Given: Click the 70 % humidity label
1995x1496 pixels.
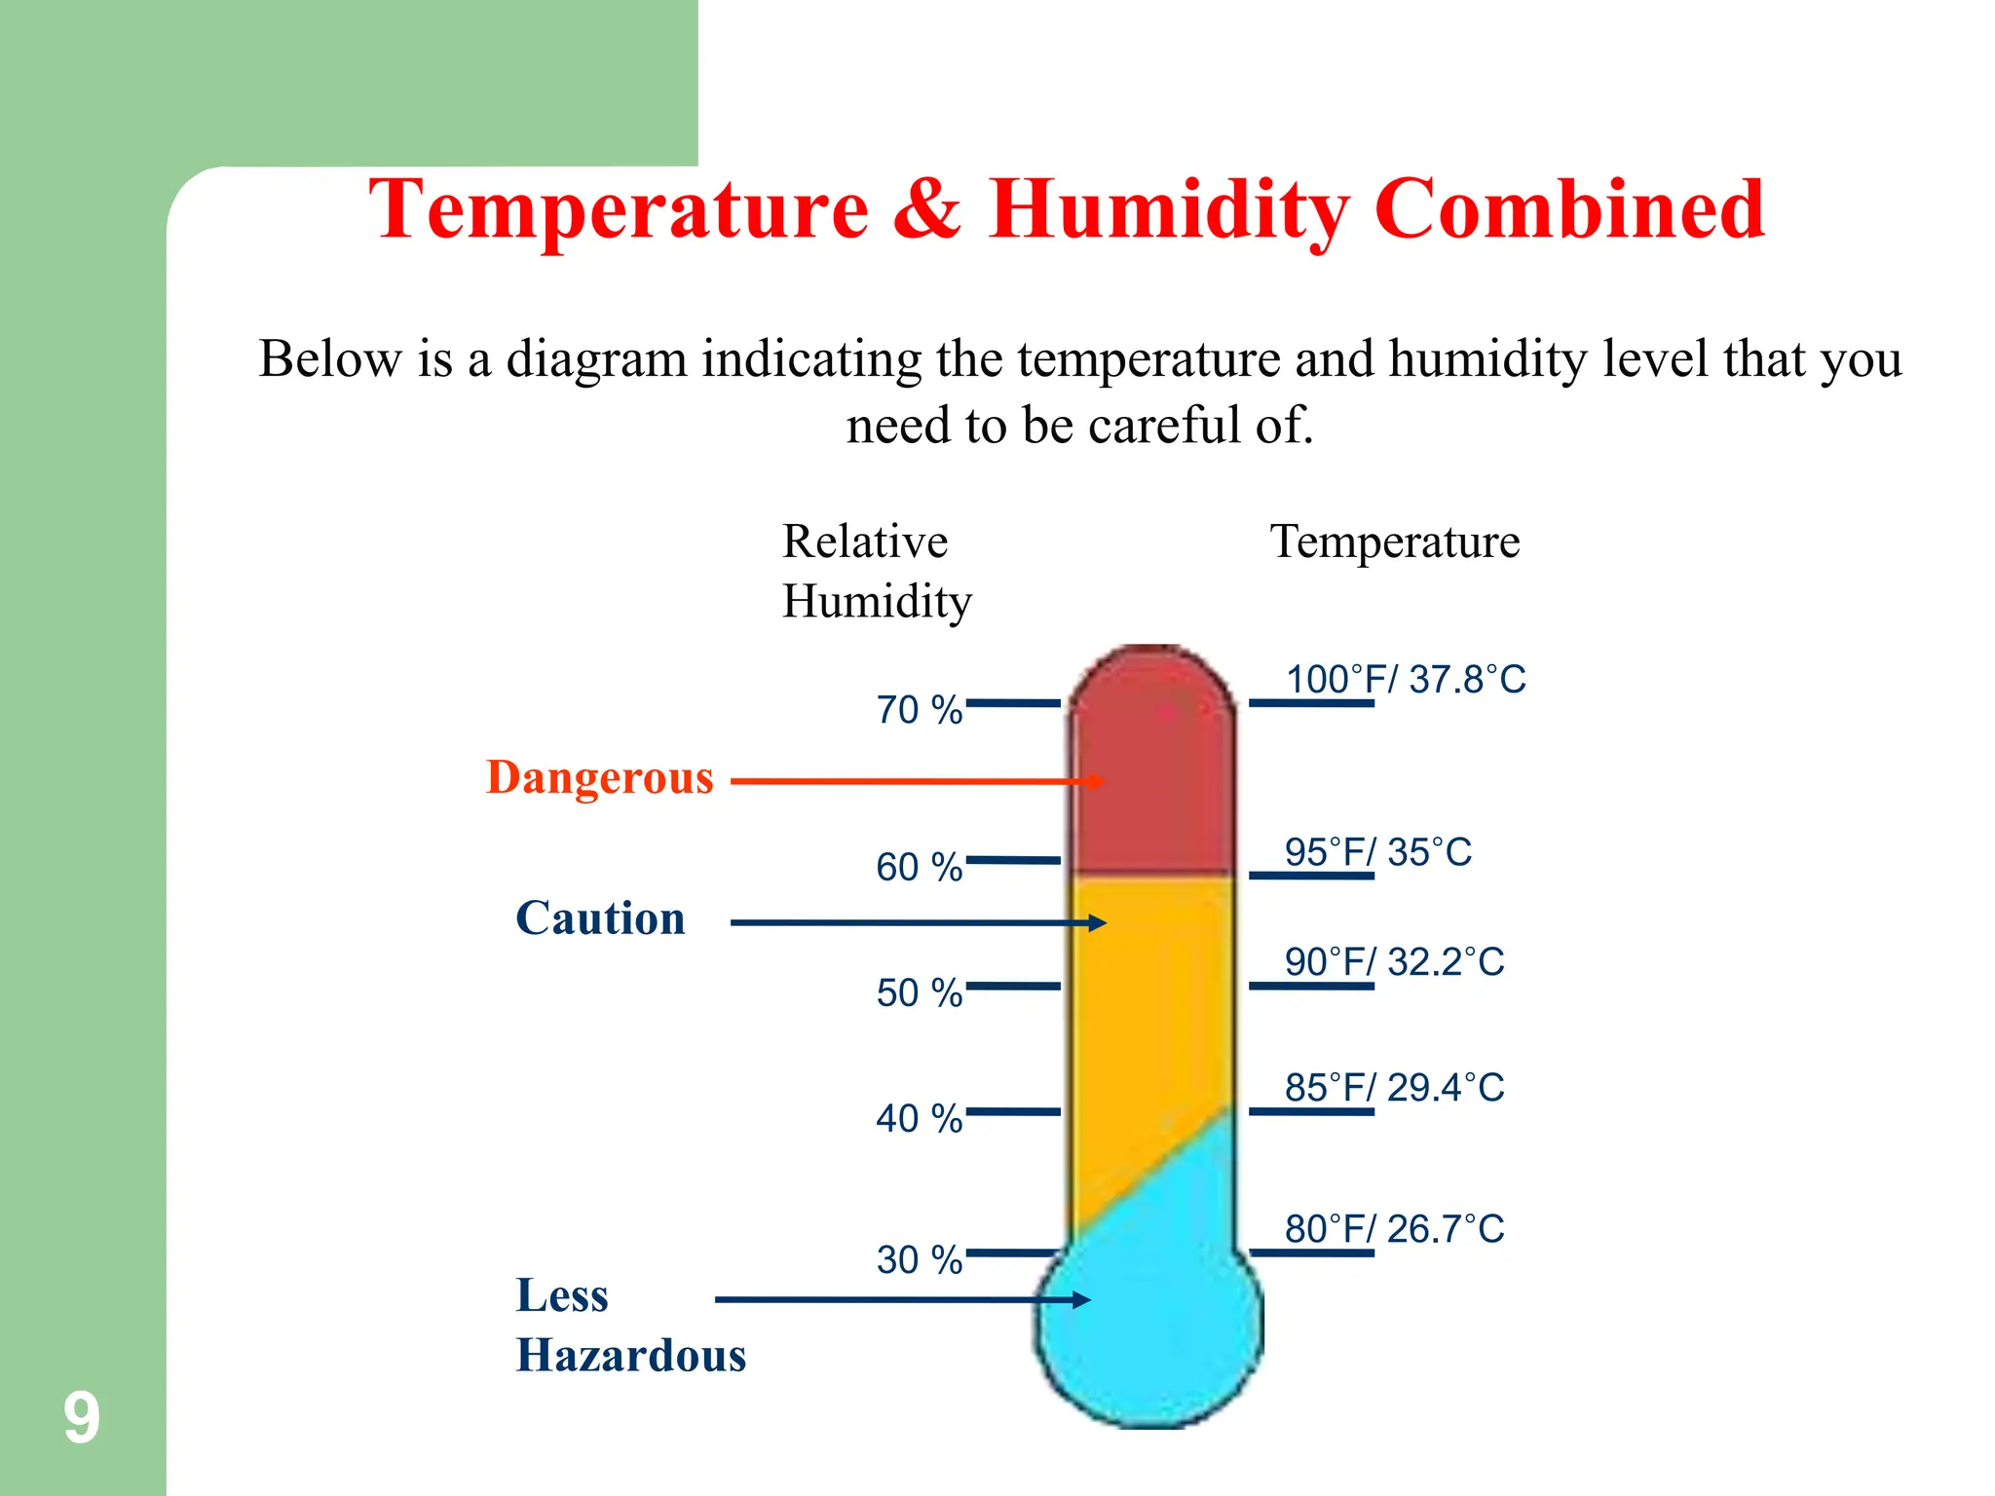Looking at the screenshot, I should [x=919, y=710].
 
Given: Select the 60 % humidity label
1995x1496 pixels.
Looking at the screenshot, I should [x=919, y=867].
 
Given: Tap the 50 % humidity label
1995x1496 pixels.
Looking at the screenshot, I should [x=919, y=992].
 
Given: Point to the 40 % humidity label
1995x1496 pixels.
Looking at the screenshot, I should [x=919, y=1118].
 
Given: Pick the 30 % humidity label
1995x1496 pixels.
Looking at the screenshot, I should [x=919, y=1259].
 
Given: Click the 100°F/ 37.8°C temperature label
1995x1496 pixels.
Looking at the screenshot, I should [x=1405, y=679].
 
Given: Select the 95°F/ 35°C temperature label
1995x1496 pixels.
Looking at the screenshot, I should [x=1377, y=852].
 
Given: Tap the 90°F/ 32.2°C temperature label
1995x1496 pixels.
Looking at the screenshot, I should [x=1394, y=962].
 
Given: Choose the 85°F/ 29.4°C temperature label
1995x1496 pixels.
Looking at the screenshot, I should [x=1394, y=1088].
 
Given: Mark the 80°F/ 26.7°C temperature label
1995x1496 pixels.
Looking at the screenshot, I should [x=1394, y=1229].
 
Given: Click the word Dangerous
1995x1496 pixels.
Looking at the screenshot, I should [x=600, y=778].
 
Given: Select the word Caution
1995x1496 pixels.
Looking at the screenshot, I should [x=600, y=918].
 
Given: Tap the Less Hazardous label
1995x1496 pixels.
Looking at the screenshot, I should [x=630, y=1326].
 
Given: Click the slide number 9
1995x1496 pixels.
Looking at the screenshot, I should [x=82, y=1418].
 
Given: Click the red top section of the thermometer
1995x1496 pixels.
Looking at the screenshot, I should [x=1152, y=769].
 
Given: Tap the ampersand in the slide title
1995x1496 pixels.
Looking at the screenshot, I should [x=926, y=209].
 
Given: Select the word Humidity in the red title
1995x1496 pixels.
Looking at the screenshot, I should [x=1169, y=211].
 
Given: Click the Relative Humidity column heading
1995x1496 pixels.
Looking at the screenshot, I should [x=877, y=571].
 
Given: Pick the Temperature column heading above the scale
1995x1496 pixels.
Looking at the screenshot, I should [x=1394, y=542].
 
